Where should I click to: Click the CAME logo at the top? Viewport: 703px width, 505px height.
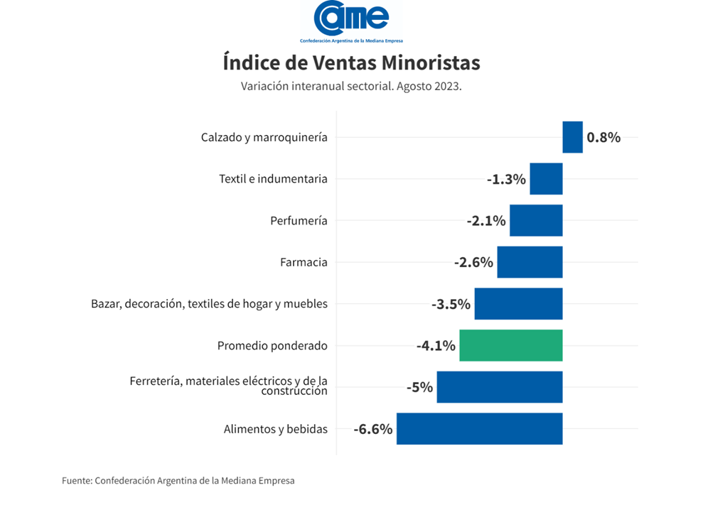[351, 21]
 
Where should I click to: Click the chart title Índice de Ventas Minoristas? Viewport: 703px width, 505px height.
[351, 63]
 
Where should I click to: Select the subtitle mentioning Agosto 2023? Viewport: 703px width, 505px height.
[351, 87]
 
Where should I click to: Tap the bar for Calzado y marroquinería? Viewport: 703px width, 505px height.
[572, 137]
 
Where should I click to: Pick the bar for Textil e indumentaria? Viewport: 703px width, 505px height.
[546, 179]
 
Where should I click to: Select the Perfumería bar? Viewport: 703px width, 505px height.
[536, 220]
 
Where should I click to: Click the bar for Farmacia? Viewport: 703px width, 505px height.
[530, 262]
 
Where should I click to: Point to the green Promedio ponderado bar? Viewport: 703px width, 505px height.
[510, 345]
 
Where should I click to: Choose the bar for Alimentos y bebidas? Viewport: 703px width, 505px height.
[479, 428]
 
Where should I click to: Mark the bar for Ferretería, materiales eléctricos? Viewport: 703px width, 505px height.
[499, 387]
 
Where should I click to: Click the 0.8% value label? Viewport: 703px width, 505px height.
[603, 138]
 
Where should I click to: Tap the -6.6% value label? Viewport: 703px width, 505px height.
[373, 429]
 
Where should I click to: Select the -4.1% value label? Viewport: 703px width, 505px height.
[436, 346]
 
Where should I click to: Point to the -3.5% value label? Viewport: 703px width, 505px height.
[451, 305]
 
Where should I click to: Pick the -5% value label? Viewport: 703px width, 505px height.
[419, 388]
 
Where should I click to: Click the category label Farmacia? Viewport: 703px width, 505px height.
[304, 263]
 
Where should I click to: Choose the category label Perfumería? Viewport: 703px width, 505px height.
[299, 221]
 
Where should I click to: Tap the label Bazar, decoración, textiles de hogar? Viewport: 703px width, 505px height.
[209, 304]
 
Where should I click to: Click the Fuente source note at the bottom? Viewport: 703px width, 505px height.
[178, 481]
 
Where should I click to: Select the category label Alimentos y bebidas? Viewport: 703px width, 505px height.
[275, 429]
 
